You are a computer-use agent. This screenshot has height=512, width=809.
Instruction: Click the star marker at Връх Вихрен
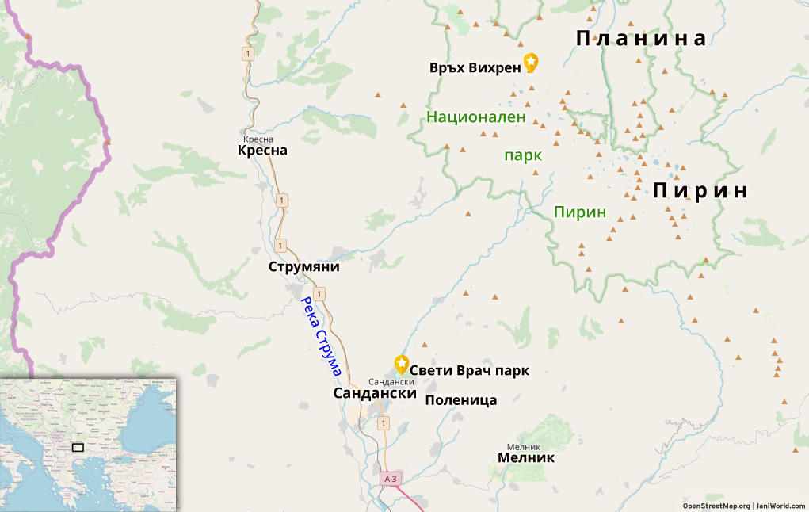pos(531,62)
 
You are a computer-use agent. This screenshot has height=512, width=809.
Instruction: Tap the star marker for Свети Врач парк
pos(402,365)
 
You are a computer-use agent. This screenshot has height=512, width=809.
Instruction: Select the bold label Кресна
pos(262,151)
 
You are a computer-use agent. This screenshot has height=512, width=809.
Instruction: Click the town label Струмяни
pos(303,267)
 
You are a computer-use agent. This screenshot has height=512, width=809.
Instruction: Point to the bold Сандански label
pos(375,393)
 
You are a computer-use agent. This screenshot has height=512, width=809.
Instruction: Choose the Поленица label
pos(461,400)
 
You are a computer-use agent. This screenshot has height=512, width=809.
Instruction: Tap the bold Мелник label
pos(526,458)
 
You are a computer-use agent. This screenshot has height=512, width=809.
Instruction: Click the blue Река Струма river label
pos(321,336)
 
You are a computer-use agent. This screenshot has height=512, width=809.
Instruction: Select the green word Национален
pos(476,117)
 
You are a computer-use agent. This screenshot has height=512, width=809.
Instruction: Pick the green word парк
pos(523,155)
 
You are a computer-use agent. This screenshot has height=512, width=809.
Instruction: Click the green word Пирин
pos(580,212)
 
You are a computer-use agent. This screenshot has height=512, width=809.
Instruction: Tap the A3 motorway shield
pos(389,479)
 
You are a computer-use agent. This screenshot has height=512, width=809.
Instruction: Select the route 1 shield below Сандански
pos(384,424)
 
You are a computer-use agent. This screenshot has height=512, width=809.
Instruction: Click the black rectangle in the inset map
pos(78,447)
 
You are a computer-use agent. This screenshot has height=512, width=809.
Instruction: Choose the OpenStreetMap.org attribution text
pos(716,506)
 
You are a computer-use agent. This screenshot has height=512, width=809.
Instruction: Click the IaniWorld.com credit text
pos(780,506)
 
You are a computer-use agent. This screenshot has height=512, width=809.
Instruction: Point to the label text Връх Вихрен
pos(475,67)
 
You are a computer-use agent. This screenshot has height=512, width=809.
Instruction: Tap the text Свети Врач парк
pos(469,370)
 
